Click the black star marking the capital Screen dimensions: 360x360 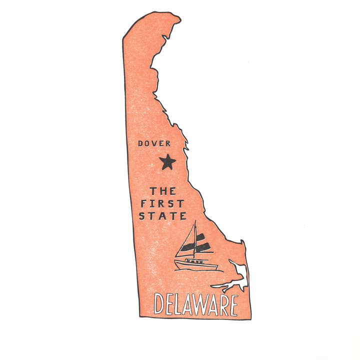point(168,161)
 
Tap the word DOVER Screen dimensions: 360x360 point(154,143)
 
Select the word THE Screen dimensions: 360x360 point(162,191)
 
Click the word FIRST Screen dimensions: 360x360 point(161,203)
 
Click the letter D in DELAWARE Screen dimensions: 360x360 point(159,304)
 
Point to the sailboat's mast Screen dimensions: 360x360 point(195,240)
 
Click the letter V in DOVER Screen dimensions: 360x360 point(154,143)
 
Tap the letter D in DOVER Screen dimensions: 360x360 point(140,143)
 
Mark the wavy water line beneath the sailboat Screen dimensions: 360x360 point(197,270)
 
